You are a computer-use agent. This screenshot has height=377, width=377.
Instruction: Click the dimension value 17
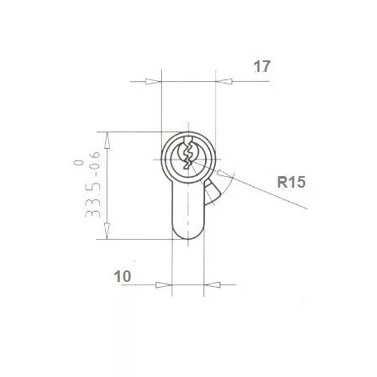pyautogui.click(x=262, y=66)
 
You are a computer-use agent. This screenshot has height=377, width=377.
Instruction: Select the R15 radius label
pyautogui.click(x=293, y=183)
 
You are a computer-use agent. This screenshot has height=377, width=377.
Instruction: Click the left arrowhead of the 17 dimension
pyautogui.click(x=152, y=82)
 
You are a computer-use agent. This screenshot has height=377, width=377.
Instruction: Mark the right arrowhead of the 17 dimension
pyautogui.click(x=222, y=82)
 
